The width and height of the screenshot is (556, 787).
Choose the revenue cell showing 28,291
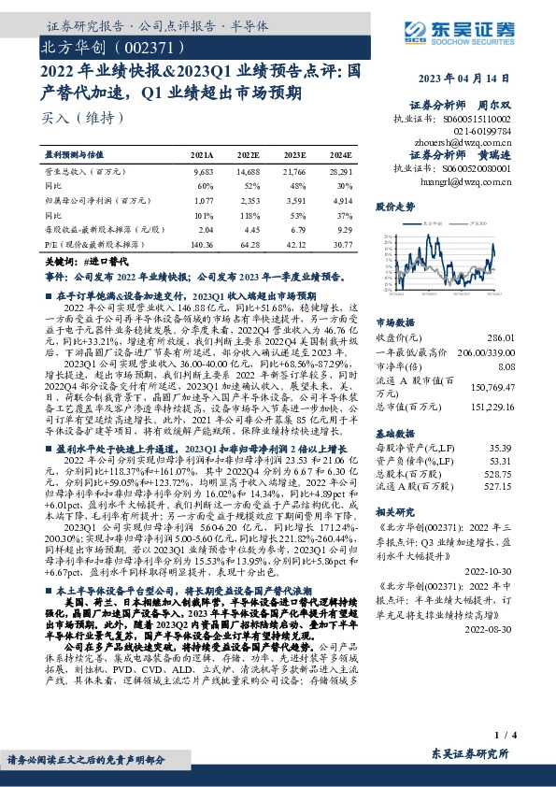coord(339,173)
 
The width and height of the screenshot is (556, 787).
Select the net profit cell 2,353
coord(248,200)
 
